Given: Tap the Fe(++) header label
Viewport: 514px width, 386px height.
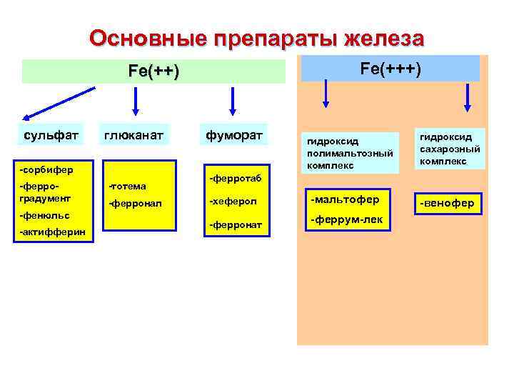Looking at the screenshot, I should (153, 72).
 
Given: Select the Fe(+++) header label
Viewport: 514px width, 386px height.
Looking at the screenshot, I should (390, 68).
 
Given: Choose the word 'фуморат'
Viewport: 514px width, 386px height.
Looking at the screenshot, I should (234, 134).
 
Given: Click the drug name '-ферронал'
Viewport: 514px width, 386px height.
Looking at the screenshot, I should (135, 204).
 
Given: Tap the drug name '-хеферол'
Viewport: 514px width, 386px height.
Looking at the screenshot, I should (231, 202).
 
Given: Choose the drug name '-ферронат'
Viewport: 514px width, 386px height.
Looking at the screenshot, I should (235, 226).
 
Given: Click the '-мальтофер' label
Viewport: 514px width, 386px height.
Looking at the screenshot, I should (344, 198).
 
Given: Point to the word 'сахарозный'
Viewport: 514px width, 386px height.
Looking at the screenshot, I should (449, 149).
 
